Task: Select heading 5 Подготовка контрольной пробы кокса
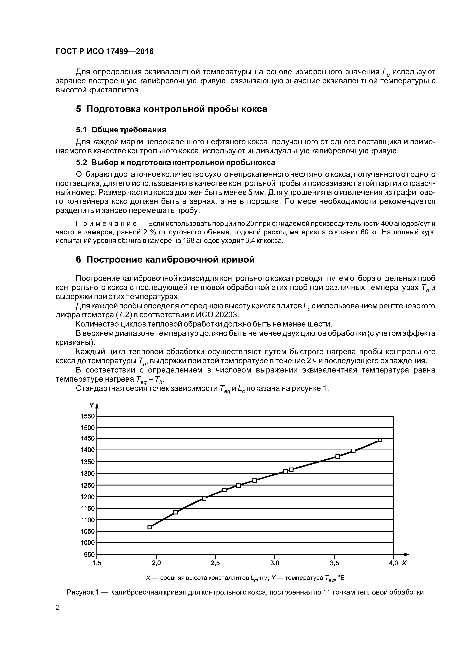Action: tap(171, 109)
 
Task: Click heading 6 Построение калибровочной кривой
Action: tap(165, 260)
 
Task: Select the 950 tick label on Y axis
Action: tap(89, 554)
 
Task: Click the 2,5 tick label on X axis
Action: tap(215, 563)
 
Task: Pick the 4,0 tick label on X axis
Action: tap(393, 563)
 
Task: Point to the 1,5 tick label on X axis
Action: tap(97, 563)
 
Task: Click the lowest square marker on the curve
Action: tap(150, 527)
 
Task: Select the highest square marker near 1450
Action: tap(380, 440)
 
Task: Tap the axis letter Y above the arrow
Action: tap(92, 405)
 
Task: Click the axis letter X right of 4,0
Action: tap(404, 563)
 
